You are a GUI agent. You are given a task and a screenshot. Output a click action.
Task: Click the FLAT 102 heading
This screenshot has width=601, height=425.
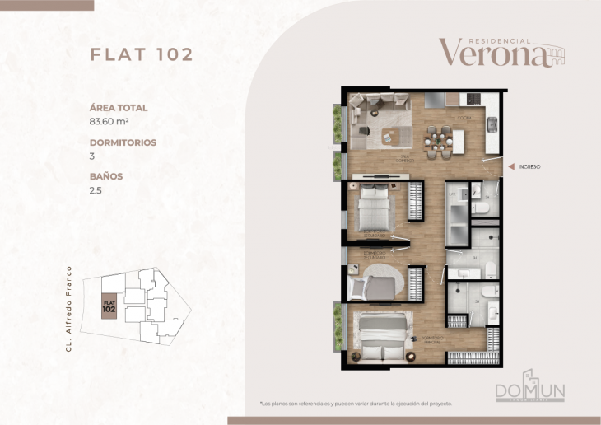(141, 54)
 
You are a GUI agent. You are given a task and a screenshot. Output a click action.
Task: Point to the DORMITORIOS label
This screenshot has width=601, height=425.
(123, 142)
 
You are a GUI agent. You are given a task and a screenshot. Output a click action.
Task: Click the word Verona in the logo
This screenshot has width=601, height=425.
(492, 53)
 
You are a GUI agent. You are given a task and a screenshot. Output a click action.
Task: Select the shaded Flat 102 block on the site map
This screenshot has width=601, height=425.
(109, 306)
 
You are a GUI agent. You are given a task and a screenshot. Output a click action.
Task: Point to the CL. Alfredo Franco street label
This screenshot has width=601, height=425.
(72, 309)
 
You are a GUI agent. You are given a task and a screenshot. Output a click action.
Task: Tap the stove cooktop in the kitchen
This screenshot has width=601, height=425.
(473, 99)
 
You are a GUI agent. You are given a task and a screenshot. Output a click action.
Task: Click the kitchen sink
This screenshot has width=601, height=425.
(492, 124)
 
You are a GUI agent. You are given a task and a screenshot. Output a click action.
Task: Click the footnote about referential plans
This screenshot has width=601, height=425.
(356, 404)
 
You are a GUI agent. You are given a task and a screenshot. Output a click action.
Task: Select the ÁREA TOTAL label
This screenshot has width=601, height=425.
(119, 108)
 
